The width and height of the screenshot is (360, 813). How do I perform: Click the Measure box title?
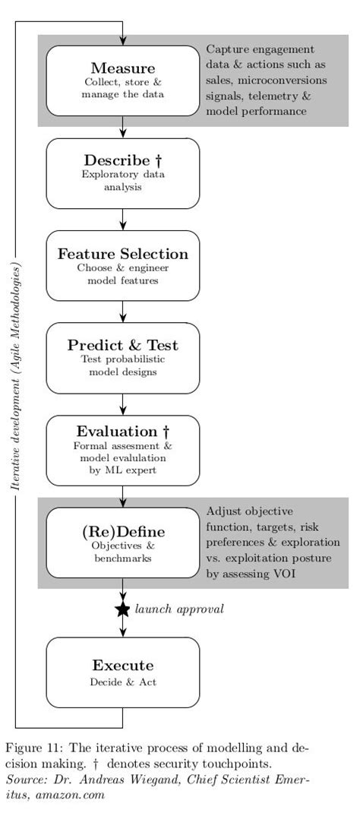(x=122, y=68)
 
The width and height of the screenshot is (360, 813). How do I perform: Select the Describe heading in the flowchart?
(x=117, y=160)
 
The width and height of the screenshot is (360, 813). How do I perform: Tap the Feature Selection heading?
(x=122, y=253)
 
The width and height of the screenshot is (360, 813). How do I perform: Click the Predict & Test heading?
(x=122, y=345)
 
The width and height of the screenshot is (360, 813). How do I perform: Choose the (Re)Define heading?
(x=122, y=530)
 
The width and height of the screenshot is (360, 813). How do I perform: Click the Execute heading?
(x=122, y=665)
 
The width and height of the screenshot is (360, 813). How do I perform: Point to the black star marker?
(x=122, y=609)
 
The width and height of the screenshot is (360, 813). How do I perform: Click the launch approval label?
(x=179, y=609)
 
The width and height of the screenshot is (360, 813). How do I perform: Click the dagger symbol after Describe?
(x=159, y=160)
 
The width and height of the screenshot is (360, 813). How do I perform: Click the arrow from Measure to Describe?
(x=122, y=128)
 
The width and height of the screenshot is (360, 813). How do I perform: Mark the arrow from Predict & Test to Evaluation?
(x=122, y=404)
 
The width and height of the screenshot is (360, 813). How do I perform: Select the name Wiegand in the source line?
(x=153, y=779)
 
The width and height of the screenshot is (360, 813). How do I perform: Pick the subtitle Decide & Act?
(x=122, y=682)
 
